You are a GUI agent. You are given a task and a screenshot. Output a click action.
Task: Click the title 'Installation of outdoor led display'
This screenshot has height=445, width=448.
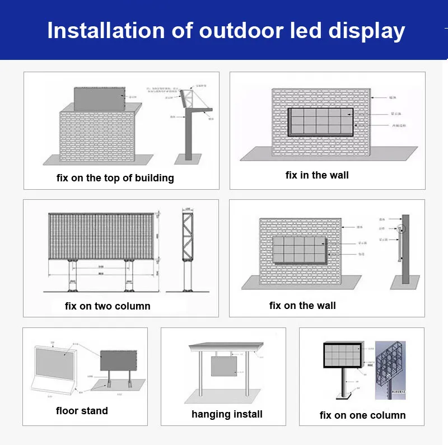pyautogui.click(x=226, y=30)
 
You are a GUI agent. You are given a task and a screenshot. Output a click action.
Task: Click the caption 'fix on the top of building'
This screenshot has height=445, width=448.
pyautogui.click(x=115, y=178)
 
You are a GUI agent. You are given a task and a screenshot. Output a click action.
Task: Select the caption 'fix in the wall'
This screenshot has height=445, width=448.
pyautogui.click(x=317, y=175)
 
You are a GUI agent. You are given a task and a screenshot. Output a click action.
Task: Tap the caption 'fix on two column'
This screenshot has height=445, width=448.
pyautogui.click(x=108, y=306)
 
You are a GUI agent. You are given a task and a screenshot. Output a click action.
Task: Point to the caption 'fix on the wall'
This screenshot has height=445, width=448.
pyautogui.click(x=302, y=305)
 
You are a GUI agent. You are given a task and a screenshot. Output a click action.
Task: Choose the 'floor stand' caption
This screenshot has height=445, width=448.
pyautogui.click(x=82, y=411)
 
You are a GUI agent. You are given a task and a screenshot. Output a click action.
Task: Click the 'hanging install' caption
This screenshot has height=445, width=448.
pyautogui.click(x=227, y=414)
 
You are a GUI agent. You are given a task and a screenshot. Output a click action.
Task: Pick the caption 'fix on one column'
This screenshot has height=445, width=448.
pyautogui.click(x=362, y=415)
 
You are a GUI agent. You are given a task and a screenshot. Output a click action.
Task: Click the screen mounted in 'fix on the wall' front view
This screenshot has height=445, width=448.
pyautogui.click(x=300, y=250)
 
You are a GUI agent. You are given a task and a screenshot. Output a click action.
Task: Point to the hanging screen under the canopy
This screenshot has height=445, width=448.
pyautogui.click(x=226, y=367)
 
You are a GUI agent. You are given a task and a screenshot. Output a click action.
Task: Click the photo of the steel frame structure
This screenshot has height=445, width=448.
pyautogui.click(x=390, y=366)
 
